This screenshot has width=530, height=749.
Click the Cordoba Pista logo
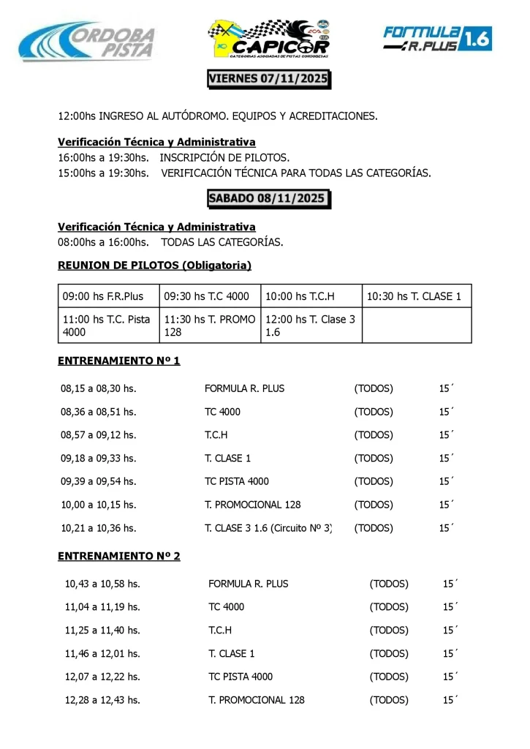coord(88,40)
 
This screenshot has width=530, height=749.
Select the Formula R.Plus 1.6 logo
coord(437,38)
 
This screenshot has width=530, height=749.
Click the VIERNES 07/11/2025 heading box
coord(269,78)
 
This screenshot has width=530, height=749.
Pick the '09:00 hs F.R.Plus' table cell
coord(108,296)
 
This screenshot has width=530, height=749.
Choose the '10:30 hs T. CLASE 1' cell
coord(417,296)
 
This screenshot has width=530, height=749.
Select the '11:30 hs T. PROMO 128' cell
coord(210,325)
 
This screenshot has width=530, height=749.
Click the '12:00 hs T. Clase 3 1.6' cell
coord(311,325)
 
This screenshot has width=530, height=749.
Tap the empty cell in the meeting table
coord(417,325)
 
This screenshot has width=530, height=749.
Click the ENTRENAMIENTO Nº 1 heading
coord(118,361)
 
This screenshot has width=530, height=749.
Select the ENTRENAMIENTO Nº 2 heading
coord(118,556)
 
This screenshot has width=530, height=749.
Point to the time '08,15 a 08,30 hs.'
coord(99,388)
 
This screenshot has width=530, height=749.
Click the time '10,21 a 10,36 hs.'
coord(99,527)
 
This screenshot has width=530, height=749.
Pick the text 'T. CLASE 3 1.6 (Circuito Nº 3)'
coord(268,527)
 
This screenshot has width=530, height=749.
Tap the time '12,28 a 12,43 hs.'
coord(102,700)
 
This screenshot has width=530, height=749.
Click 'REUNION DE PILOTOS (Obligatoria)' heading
coord(154,265)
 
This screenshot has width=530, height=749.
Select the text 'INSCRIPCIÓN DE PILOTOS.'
coord(224,157)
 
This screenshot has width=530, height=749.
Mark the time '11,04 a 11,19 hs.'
coord(102,606)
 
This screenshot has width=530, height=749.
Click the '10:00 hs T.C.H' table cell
coord(311,296)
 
